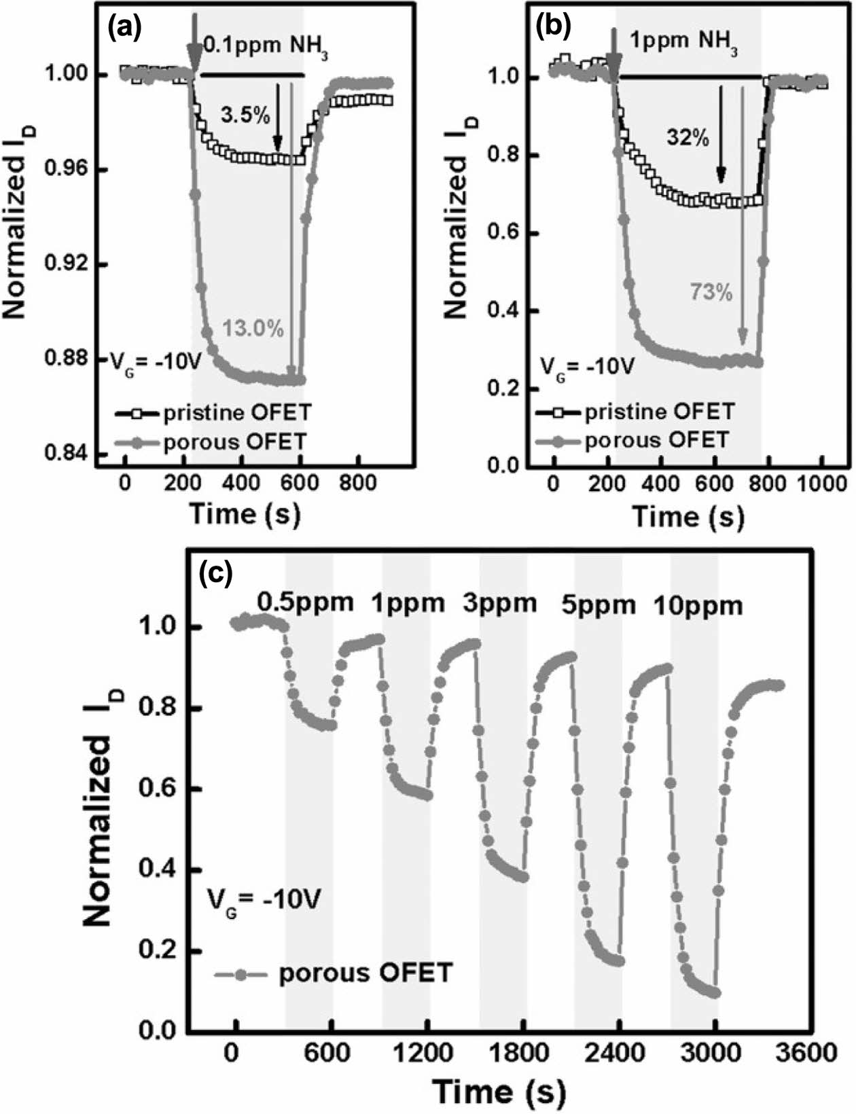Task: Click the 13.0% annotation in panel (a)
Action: pos(253,330)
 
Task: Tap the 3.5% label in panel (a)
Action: pos(245,115)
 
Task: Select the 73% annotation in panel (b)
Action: pos(711,293)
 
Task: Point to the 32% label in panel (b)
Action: pos(687,138)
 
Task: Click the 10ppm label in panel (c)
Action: pos(698,604)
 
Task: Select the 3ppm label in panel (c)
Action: pos(499,602)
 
